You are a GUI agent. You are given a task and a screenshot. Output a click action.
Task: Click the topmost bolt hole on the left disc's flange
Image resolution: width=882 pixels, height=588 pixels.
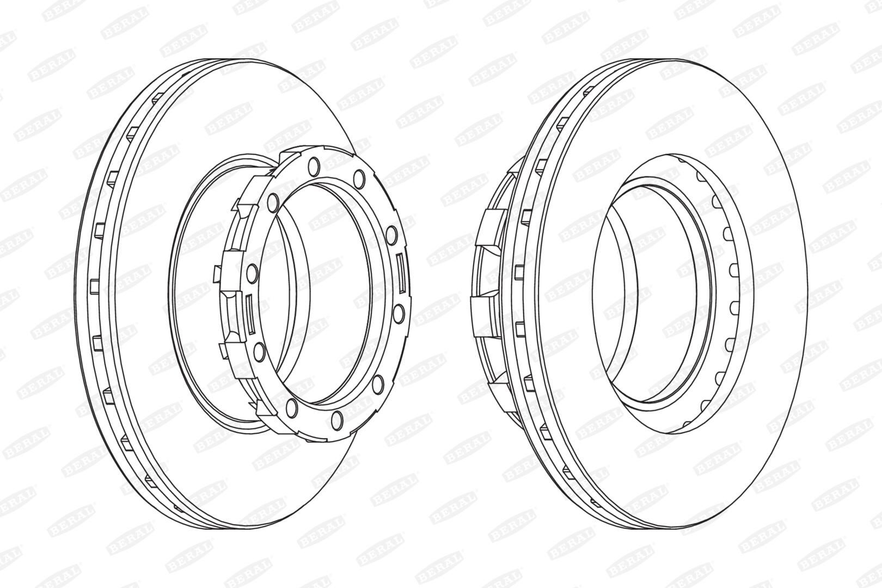314,166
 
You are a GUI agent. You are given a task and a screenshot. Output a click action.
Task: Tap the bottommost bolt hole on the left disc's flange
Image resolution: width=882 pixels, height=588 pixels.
337,420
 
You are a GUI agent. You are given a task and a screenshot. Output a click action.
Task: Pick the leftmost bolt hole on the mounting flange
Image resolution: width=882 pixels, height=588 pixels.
253,273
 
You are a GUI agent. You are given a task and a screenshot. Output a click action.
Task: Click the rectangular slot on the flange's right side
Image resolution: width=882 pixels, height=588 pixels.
401,273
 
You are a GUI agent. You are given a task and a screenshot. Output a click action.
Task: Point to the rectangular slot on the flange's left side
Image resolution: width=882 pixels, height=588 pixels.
249,313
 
